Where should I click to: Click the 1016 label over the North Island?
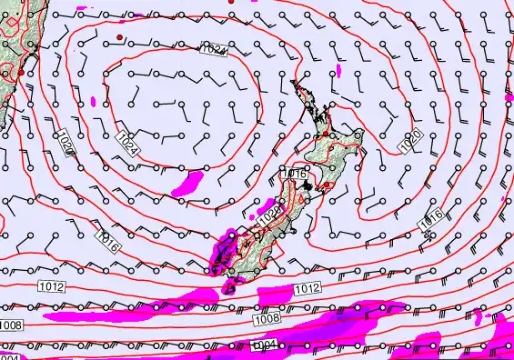pyautogui.click(x=295, y=173)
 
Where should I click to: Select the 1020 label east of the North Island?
pyautogui.click(x=410, y=141)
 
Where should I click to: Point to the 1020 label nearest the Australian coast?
pyautogui.click(x=66, y=144)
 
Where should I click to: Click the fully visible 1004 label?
pyautogui.click(x=264, y=345)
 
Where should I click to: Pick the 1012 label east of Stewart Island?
pyautogui.click(x=308, y=289)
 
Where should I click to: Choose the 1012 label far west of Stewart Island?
pyautogui.click(x=52, y=286)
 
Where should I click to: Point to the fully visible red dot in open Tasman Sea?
pyautogui.click(x=119, y=36)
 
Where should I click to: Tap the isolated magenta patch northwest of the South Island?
pyautogui.click(x=187, y=185)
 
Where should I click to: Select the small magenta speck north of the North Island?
pyautogui.click(x=338, y=69)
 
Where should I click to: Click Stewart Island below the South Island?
pyautogui.click(x=228, y=288)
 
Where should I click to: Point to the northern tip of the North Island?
pyautogui.click(x=294, y=82)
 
